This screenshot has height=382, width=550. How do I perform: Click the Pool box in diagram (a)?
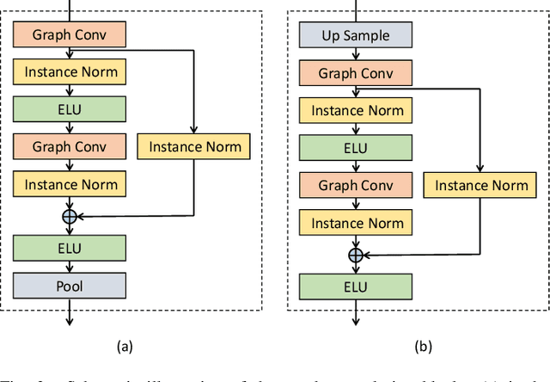click(x=70, y=285)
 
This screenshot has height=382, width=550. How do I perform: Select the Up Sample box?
click(x=355, y=35)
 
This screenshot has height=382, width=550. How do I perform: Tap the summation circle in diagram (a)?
click(x=70, y=217)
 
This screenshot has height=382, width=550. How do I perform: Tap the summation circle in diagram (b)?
click(x=355, y=255)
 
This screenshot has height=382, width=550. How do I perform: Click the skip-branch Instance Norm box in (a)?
click(x=195, y=146)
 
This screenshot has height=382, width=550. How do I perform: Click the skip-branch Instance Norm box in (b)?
click(x=481, y=184)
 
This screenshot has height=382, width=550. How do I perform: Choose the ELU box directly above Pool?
click(x=70, y=249)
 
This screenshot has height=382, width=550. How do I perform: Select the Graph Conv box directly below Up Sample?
click(x=355, y=73)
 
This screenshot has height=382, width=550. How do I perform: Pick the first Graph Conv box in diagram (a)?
click(x=70, y=35)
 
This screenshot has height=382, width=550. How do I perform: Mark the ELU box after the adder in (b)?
click(x=355, y=286)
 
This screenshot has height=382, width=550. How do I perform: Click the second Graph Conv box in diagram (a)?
click(x=70, y=146)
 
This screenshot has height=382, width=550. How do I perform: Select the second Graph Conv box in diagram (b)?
click(x=355, y=184)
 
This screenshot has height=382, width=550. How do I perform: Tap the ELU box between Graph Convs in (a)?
click(x=70, y=109)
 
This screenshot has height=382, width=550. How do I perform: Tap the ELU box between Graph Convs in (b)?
click(x=355, y=147)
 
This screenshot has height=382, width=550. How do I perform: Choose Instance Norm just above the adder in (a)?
click(x=70, y=183)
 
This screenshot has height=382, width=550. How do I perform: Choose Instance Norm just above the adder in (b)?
click(x=355, y=222)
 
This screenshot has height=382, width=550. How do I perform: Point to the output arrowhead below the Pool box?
click(x=70, y=323)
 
